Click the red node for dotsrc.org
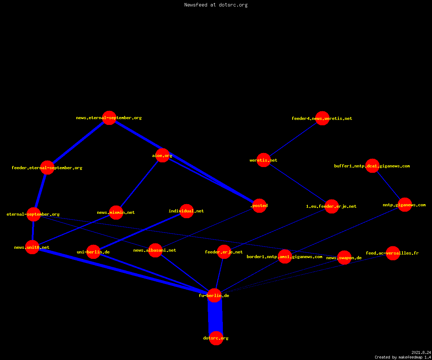[216, 338]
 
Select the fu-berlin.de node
[215, 296]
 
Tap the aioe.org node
[162, 156]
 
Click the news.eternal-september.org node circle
[109, 118]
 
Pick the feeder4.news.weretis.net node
[322, 118]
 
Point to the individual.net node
[186, 211]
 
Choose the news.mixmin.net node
[116, 212]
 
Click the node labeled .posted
[260, 206]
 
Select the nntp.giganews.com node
[405, 205]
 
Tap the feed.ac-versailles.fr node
[393, 253]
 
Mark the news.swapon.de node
[344, 258]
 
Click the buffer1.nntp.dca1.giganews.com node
[372, 166]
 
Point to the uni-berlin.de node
[93, 252]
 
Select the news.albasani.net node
[155, 250]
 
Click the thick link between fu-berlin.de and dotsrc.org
[215, 317]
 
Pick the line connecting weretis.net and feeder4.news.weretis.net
[293, 139]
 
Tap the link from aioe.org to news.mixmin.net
[139, 184]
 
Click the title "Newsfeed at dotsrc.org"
[216, 5]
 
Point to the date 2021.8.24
[421, 352]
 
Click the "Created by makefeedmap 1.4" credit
[403, 357]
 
